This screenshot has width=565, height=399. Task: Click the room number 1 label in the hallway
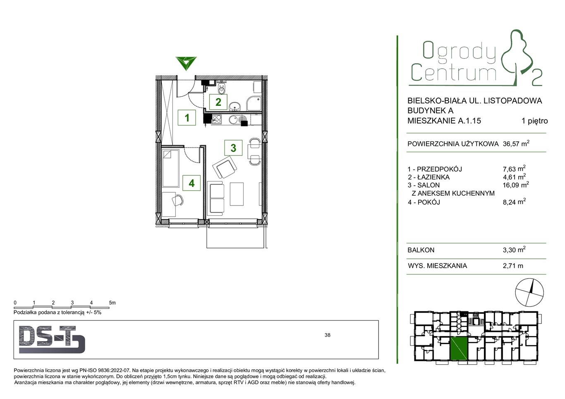(187, 117)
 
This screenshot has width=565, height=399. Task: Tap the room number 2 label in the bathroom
(218, 102)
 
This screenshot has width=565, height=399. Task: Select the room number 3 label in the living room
(233, 148)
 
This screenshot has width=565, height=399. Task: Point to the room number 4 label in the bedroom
(192, 183)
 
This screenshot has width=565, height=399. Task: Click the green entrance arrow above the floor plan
(186, 63)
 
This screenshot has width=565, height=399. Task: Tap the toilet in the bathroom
(221, 87)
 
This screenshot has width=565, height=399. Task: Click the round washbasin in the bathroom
(235, 106)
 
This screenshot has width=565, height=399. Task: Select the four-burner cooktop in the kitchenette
(217, 119)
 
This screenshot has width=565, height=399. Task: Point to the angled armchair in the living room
(225, 167)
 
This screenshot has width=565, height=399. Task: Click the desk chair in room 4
(177, 200)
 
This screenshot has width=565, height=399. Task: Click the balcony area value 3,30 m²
(514, 250)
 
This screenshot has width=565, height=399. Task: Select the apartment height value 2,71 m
(513, 265)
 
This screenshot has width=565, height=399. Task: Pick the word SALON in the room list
(428, 185)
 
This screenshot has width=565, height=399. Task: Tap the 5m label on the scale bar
(112, 303)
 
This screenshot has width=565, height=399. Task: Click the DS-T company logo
(52, 339)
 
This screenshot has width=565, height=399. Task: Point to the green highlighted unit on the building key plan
(459, 350)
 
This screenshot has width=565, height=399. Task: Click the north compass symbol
(529, 293)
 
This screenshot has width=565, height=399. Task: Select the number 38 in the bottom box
(328, 335)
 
